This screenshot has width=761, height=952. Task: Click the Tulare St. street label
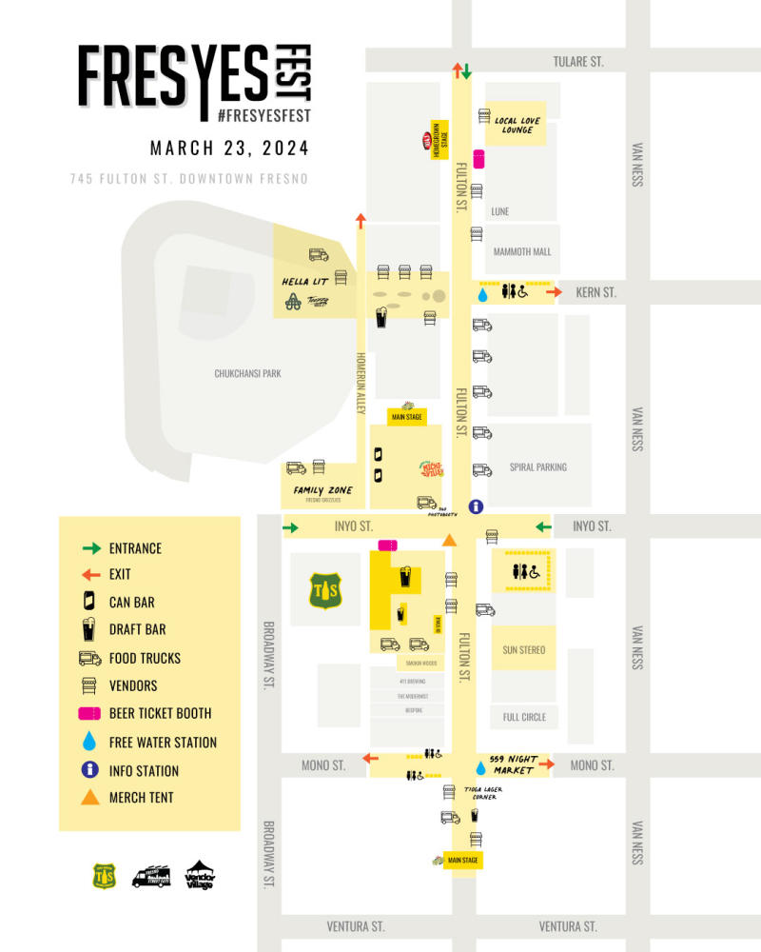point(578,62)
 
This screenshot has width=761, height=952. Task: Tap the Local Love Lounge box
point(517,124)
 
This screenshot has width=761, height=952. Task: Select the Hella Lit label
point(304,282)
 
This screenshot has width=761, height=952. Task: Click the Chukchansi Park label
point(247,374)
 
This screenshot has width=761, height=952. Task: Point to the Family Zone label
point(322,490)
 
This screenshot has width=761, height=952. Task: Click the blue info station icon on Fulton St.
point(477,506)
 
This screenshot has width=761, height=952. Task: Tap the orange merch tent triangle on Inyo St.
point(451,541)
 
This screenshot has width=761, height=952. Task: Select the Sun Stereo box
point(524,650)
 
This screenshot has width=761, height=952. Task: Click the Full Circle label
point(524,717)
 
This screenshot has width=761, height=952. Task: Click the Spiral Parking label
point(537,466)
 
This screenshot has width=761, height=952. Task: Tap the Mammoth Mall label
point(522,251)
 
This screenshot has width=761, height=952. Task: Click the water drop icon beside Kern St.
point(482,296)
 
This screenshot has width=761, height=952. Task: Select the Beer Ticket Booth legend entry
point(160,713)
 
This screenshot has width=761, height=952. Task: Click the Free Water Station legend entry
point(163,742)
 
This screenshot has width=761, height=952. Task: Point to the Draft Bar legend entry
point(138,629)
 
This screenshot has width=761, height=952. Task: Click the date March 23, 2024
point(229,149)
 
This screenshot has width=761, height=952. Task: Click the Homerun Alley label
point(361,381)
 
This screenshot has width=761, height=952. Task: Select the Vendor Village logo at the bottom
point(200,874)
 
